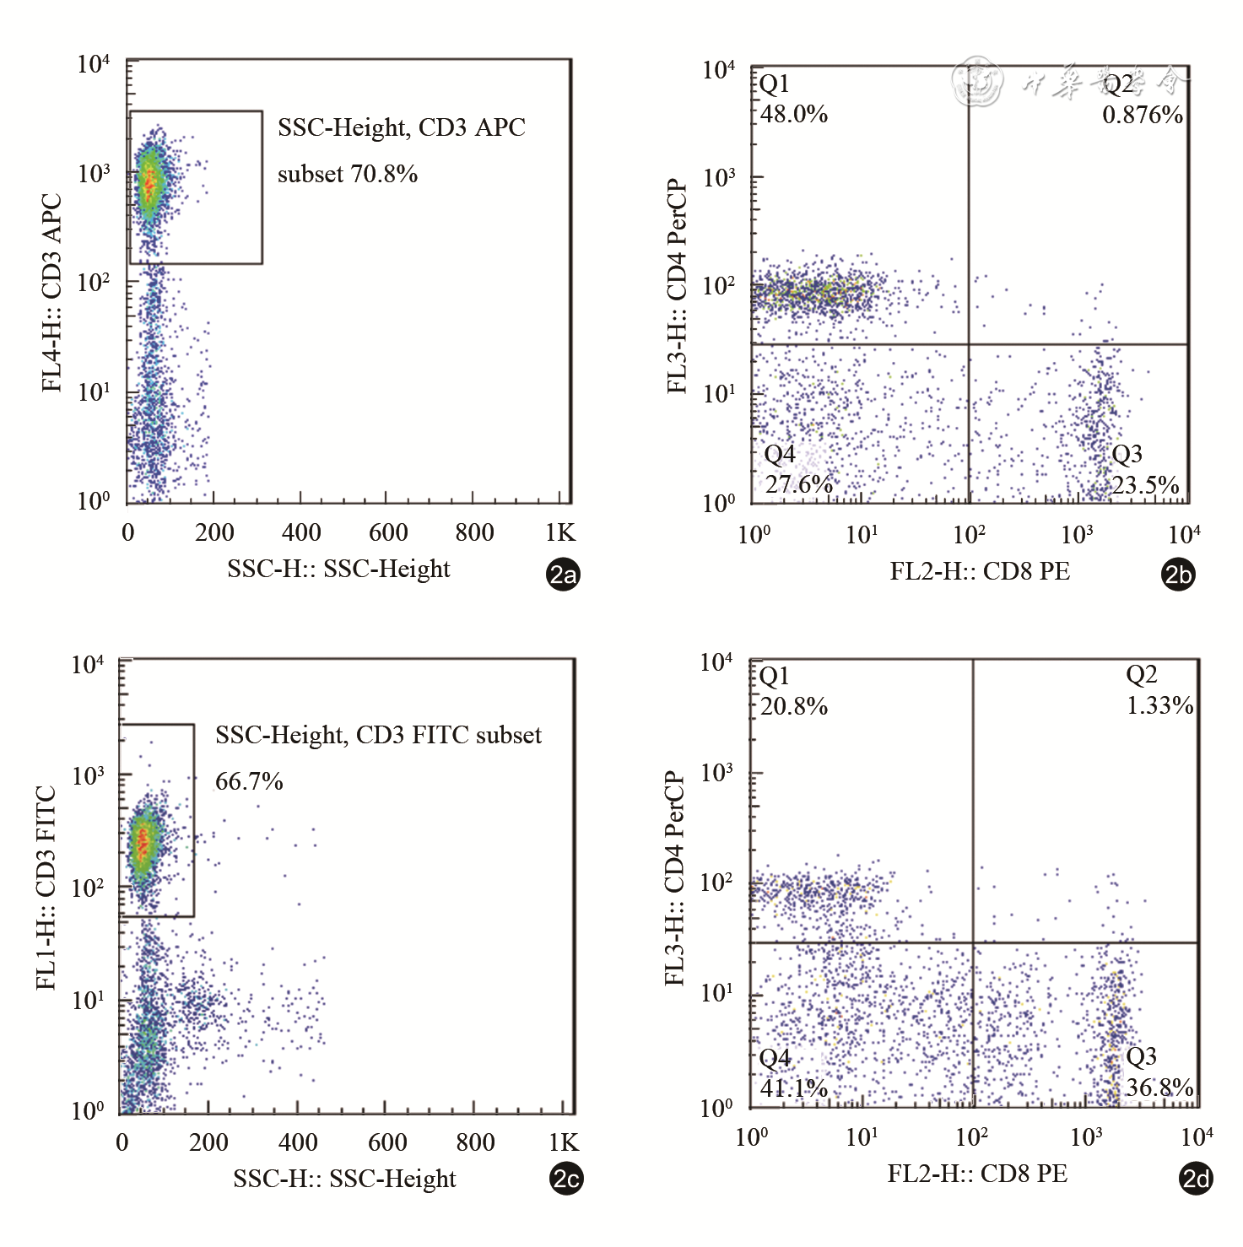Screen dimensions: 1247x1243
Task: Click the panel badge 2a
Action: [x=564, y=575]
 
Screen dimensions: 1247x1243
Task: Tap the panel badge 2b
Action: [x=1178, y=575]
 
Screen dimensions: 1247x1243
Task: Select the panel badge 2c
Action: [x=566, y=1179]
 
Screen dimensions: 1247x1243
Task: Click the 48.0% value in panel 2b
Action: [x=794, y=114]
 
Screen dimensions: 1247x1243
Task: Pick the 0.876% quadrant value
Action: [x=1143, y=115]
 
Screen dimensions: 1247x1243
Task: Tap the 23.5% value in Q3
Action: [x=1145, y=485]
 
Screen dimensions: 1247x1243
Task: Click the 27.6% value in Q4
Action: [x=798, y=484]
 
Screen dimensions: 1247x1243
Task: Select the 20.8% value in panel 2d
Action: [x=794, y=706]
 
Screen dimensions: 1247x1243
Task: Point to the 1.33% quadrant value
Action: [x=1160, y=705]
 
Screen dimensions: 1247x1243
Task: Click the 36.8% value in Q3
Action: [x=1159, y=1087]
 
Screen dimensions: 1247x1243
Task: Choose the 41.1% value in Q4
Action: [x=794, y=1088]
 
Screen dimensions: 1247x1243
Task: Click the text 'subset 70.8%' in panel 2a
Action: [x=348, y=174]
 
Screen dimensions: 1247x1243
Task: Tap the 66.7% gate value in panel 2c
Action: [x=249, y=781]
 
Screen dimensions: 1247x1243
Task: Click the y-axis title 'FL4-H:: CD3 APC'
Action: [x=52, y=293]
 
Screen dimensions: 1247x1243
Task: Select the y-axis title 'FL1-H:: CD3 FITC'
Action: [x=46, y=888]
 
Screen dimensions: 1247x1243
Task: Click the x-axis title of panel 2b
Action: [x=980, y=571]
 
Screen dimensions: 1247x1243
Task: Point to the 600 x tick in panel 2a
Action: [x=388, y=532]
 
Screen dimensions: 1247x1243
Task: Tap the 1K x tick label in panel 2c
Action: [x=564, y=1142]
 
